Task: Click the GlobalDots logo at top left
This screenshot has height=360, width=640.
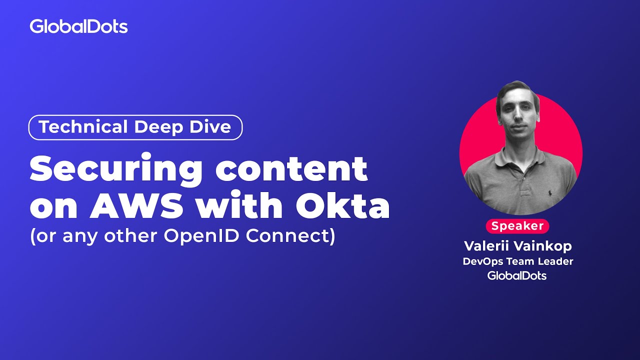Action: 78,26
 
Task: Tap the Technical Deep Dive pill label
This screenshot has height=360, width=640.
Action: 135,127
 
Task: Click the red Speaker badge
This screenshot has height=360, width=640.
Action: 517,226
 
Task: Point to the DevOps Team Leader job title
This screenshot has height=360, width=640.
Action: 517,261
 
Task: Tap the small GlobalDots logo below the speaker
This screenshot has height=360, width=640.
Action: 517,275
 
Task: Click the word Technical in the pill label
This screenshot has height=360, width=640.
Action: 75,127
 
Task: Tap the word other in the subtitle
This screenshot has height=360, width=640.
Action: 133,236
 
